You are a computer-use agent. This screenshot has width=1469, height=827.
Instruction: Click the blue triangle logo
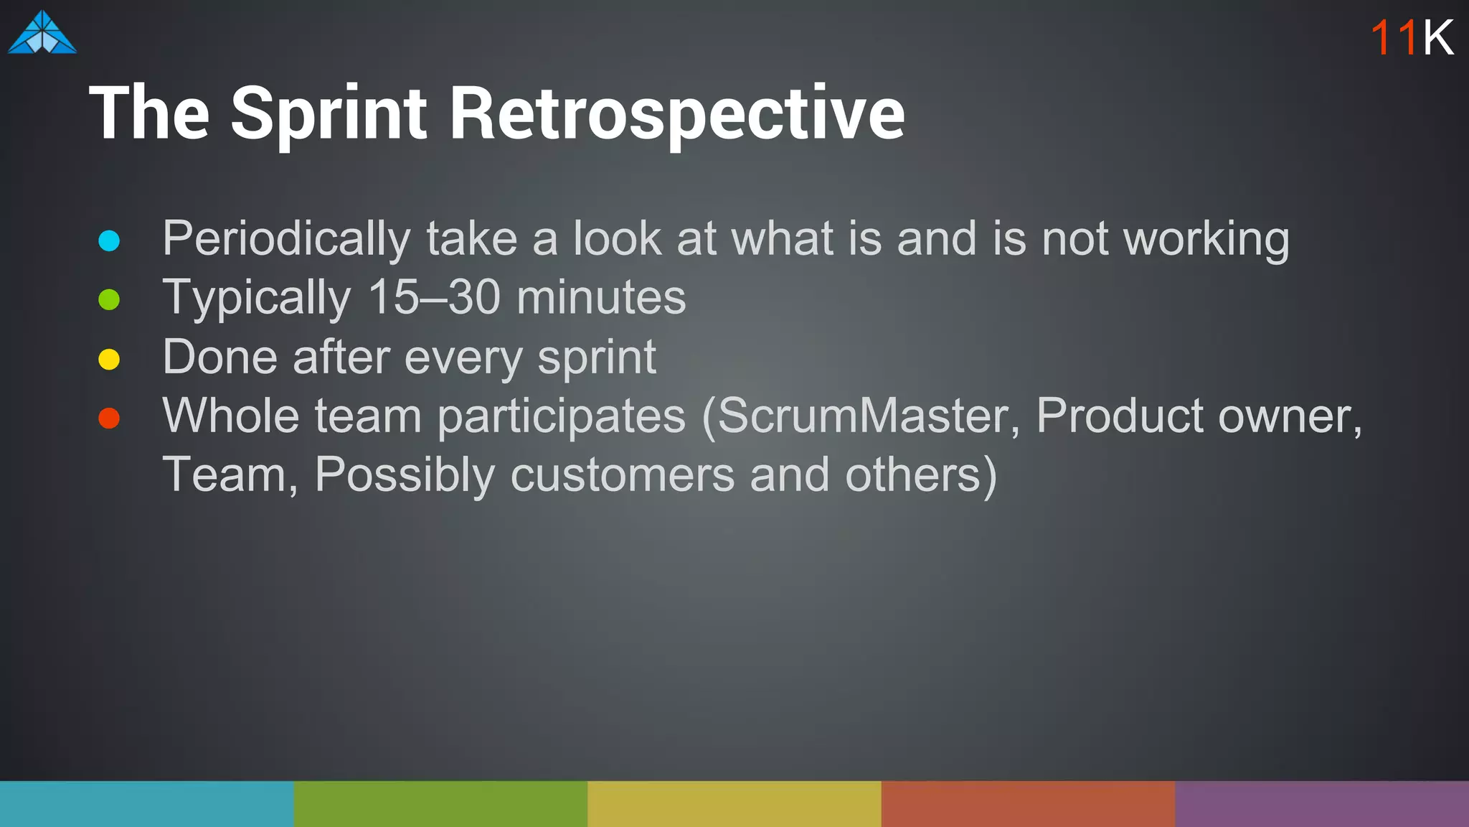(x=42, y=33)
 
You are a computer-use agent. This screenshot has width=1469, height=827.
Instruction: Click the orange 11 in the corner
(x=1394, y=37)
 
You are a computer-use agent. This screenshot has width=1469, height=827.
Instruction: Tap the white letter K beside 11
(x=1437, y=37)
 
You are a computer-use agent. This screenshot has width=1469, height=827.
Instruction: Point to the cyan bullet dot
(x=109, y=240)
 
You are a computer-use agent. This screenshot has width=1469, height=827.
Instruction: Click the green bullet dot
(x=109, y=299)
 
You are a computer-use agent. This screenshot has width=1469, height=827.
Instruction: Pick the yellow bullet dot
(x=109, y=359)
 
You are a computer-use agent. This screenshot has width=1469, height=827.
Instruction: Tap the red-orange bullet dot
(x=109, y=418)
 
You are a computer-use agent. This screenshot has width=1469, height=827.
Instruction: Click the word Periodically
(x=286, y=239)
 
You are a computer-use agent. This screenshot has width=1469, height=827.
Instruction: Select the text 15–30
(x=433, y=297)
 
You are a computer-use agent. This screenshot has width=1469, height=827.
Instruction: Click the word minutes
(x=600, y=297)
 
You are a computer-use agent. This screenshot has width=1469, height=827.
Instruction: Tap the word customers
(x=622, y=475)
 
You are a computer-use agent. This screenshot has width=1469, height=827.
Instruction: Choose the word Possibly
(x=405, y=475)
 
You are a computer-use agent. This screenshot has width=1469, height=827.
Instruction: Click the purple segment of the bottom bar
(x=1321, y=804)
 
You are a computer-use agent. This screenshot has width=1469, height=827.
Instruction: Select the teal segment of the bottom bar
(x=146, y=804)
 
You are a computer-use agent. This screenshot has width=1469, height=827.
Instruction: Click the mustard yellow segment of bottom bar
(x=734, y=804)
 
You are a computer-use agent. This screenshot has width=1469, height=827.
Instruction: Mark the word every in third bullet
(x=463, y=358)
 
